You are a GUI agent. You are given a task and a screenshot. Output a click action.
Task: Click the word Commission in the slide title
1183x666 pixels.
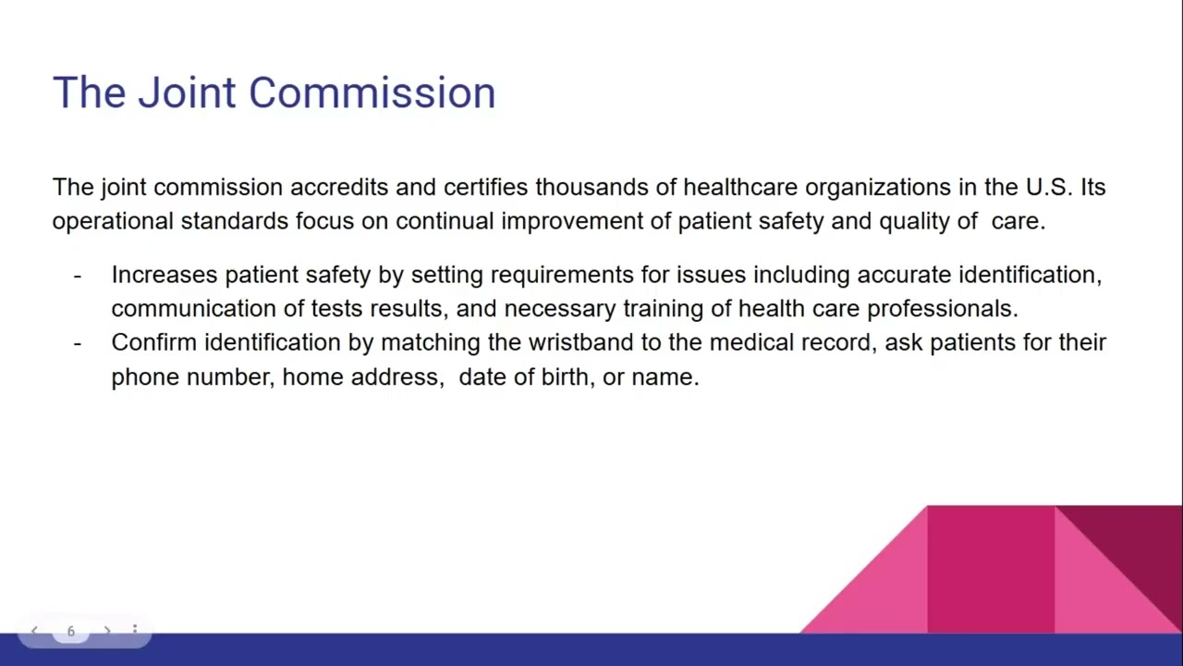pyautogui.click(x=372, y=93)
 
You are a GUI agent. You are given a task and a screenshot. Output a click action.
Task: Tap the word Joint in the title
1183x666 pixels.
pyautogui.click(x=186, y=93)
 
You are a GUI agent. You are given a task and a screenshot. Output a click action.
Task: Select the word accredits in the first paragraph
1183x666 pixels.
pyautogui.click(x=339, y=187)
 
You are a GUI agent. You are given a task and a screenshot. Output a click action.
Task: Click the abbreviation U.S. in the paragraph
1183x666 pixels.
pyautogui.click(x=1049, y=187)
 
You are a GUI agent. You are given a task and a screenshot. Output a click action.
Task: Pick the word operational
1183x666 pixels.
pyautogui.click(x=112, y=221)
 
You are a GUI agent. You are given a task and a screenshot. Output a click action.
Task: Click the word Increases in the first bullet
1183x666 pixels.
pyautogui.click(x=164, y=275)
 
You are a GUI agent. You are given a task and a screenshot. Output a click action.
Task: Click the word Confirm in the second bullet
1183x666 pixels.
pyautogui.click(x=153, y=342)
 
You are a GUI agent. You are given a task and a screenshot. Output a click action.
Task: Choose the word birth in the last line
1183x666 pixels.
pyautogui.click(x=564, y=376)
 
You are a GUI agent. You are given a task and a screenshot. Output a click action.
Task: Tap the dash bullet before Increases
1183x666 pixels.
pyautogui.click(x=78, y=276)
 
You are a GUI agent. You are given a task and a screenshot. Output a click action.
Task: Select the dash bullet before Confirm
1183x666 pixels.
pyautogui.click(x=78, y=343)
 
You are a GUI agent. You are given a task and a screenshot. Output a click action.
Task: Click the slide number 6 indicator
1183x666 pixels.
pyautogui.click(x=70, y=631)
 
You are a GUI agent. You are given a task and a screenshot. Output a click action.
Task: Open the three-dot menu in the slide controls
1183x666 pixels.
pyautogui.click(x=134, y=631)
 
